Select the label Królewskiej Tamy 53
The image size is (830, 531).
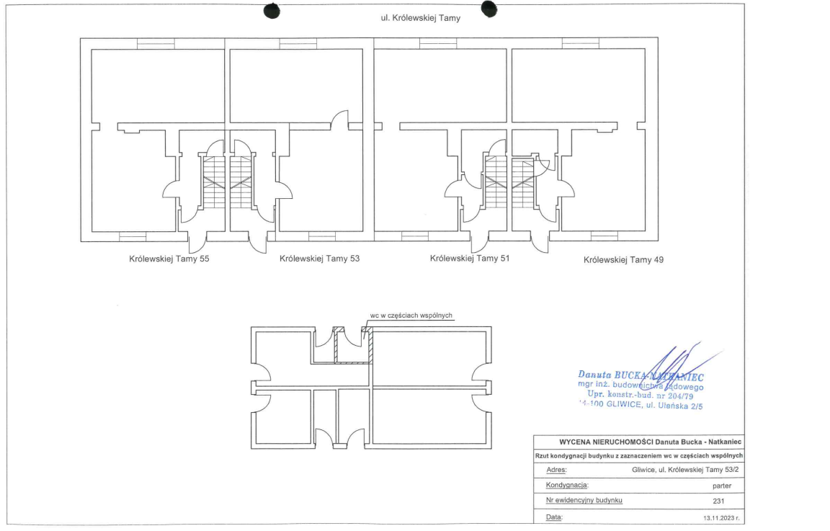(x=319, y=259)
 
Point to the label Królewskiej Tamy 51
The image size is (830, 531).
(x=469, y=258)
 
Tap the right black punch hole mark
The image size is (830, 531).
(x=489, y=8)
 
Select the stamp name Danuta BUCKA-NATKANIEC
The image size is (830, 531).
(x=640, y=375)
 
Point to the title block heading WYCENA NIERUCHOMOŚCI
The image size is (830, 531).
(x=640, y=442)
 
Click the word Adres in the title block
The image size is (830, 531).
(x=555, y=470)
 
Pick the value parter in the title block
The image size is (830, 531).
(x=721, y=486)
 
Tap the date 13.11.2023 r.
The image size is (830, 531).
(x=718, y=517)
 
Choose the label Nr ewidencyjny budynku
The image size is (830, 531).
(x=584, y=501)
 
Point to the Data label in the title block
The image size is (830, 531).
(x=554, y=517)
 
